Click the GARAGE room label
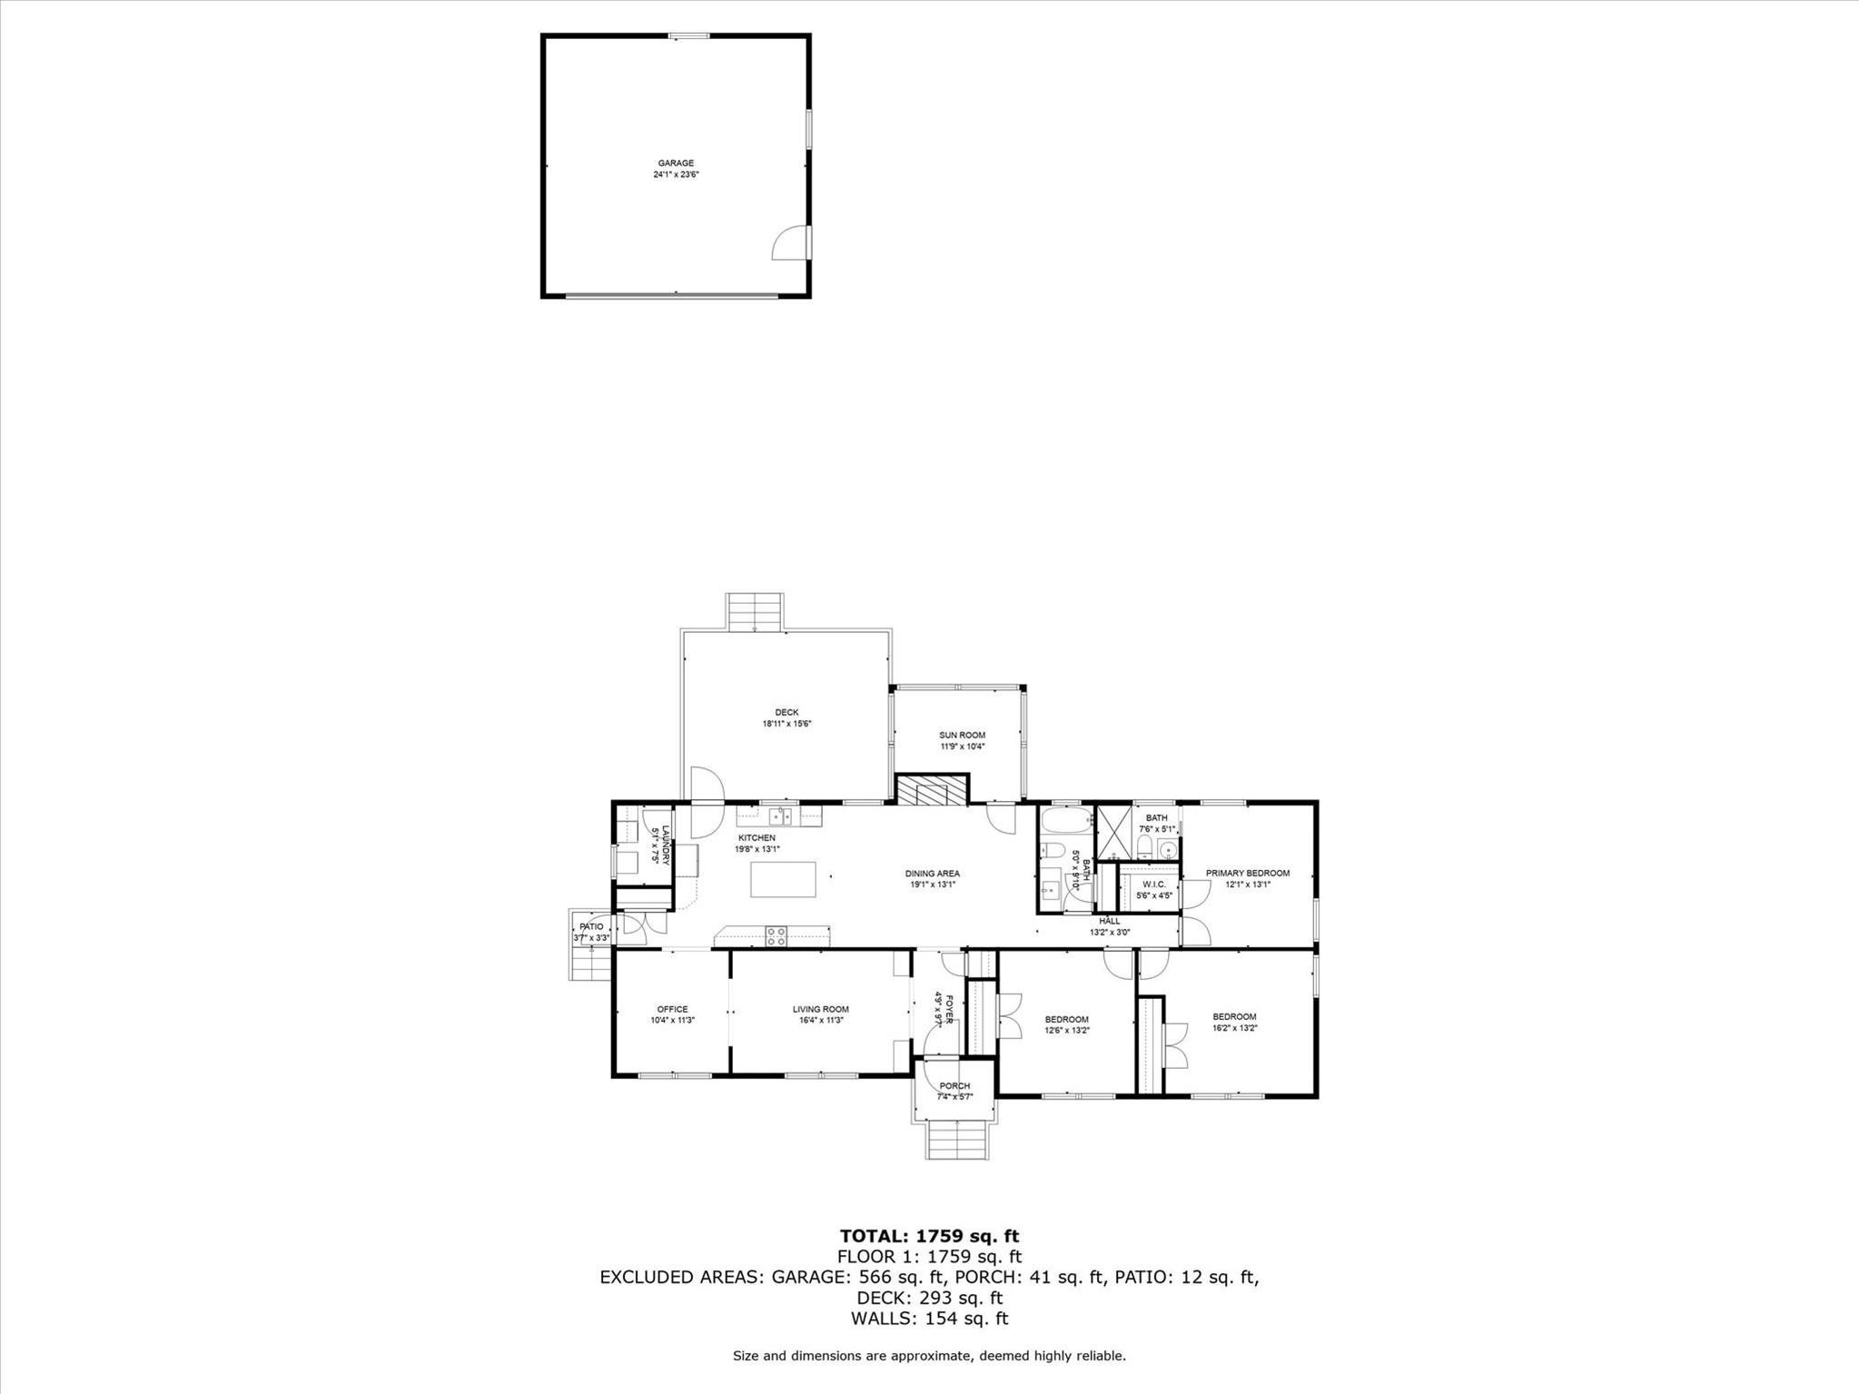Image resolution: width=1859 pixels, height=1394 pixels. tap(676, 163)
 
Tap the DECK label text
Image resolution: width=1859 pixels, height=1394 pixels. tap(786, 713)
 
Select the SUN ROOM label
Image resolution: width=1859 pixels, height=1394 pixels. tap(962, 736)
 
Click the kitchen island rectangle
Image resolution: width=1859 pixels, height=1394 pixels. tap(783, 879)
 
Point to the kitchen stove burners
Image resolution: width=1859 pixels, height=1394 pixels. tap(776, 935)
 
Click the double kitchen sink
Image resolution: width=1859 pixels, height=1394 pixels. tap(781, 816)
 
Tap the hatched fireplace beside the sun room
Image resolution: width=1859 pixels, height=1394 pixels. tap(932, 789)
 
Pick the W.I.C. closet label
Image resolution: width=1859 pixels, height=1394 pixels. tap(1153, 885)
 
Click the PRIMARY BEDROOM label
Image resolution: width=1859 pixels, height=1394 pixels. tap(1247, 874)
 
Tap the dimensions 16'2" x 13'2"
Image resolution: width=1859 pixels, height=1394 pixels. tap(1234, 1028)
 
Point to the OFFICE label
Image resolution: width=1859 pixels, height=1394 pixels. tap(672, 1009)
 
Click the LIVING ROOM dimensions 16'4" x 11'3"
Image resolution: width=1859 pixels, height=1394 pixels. tap(820, 1020)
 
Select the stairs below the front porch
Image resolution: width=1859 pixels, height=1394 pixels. tap(955, 1139)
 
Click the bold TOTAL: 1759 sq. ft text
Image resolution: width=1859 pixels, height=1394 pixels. tap(929, 1235)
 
